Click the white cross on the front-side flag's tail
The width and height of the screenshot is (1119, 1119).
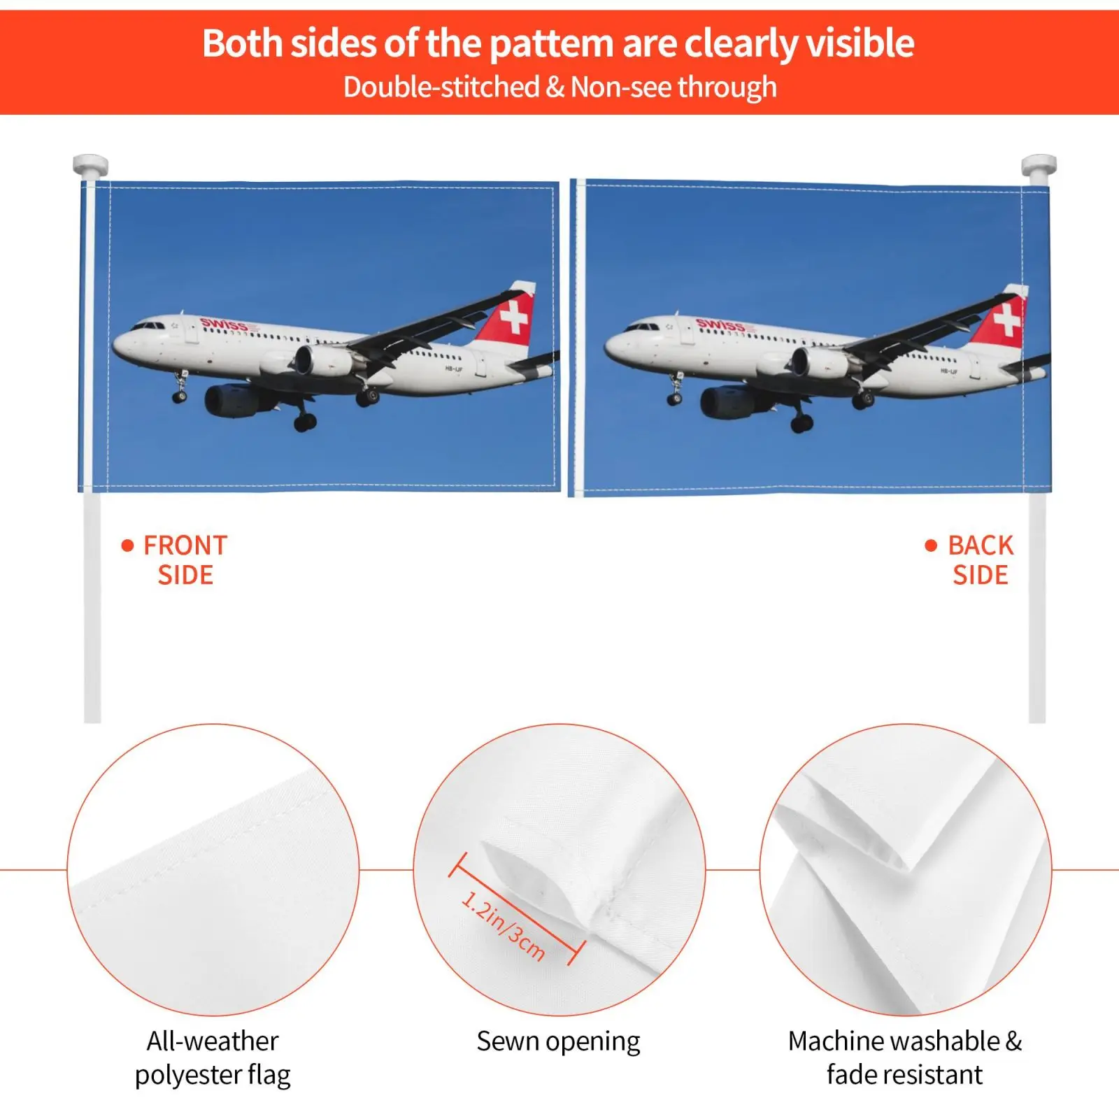pyautogui.click(x=515, y=318)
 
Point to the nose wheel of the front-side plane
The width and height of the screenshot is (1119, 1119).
pyautogui.click(x=180, y=397)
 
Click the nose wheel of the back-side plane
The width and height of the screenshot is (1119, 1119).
pyautogui.click(x=674, y=399)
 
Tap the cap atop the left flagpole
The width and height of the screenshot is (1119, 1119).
pyautogui.click(x=91, y=166)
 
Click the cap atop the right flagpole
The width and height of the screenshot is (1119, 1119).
pyautogui.click(x=1039, y=166)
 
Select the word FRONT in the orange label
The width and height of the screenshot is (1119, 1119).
pyautogui.click(x=185, y=546)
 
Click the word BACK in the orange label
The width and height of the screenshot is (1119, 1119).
pyautogui.click(x=981, y=546)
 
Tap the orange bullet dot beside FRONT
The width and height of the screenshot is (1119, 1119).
pyautogui.click(x=127, y=546)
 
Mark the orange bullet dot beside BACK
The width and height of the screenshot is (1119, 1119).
pyautogui.click(x=931, y=546)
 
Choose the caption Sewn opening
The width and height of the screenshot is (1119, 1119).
pyautogui.click(x=558, y=1042)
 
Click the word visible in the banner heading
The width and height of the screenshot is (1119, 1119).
pyautogui.click(x=860, y=43)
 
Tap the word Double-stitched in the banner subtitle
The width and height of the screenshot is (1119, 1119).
pyautogui.click(x=441, y=87)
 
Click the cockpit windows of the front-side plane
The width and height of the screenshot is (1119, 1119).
pyautogui.click(x=147, y=325)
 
